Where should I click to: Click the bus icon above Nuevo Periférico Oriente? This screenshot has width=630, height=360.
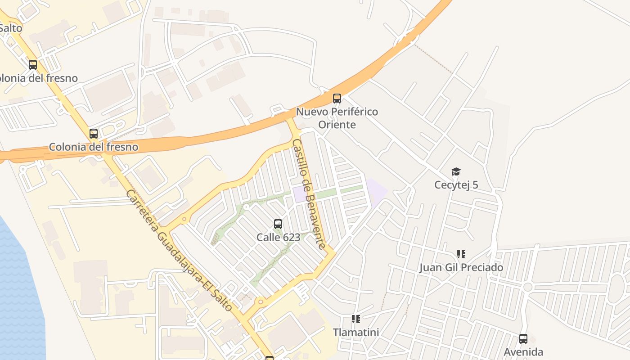[x=337, y=98]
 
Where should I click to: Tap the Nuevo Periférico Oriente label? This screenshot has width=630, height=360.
[x=337, y=118]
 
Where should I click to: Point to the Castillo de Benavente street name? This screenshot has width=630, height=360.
[x=309, y=193]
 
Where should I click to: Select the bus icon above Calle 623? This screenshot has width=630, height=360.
[x=278, y=224]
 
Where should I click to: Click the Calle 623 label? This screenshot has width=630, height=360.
[x=278, y=237]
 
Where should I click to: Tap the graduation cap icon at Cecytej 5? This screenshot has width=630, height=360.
[x=456, y=171]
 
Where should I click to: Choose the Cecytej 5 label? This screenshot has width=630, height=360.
[x=456, y=185]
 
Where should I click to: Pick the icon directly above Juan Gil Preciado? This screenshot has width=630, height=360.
[x=461, y=254]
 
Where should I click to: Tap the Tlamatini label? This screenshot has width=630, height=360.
[x=355, y=333]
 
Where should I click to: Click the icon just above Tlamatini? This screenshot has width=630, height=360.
[x=355, y=319]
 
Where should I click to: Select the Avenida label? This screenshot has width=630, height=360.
[x=523, y=352]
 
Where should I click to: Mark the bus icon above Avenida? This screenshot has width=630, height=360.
[x=523, y=338]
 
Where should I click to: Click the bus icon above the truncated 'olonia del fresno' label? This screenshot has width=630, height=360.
[x=32, y=64]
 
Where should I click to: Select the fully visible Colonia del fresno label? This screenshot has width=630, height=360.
[x=93, y=147]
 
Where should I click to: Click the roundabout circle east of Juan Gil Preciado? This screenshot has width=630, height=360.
[x=528, y=287]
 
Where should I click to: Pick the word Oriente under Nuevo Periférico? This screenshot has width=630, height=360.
[x=337, y=125]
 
